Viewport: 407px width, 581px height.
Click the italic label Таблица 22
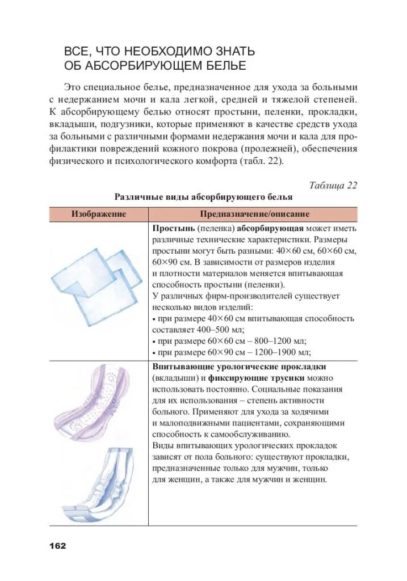[333, 186]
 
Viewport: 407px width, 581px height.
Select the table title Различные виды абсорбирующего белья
[203, 197]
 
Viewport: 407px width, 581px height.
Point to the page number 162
[57, 545]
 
